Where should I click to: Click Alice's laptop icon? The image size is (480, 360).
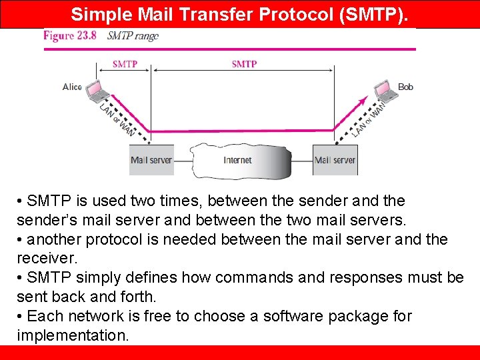click(x=92, y=89)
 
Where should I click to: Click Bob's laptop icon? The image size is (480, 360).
click(x=384, y=89)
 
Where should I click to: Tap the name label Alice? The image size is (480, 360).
click(x=72, y=87)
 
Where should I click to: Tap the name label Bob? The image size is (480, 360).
click(x=405, y=87)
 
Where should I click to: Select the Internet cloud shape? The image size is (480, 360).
click(x=239, y=160)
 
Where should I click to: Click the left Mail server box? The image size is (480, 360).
click(x=151, y=160)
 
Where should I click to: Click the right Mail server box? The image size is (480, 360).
click(x=335, y=160)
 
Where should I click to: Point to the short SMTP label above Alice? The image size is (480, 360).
click(x=125, y=65)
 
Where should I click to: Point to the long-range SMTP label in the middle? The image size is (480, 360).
click(x=244, y=65)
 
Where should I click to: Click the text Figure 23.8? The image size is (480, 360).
click(x=70, y=36)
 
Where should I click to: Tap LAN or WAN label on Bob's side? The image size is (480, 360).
click(x=369, y=118)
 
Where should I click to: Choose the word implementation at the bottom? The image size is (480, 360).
click(x=72, y=335)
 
